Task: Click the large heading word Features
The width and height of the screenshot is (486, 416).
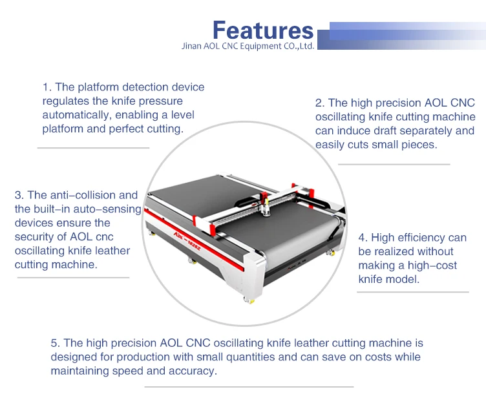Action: pyautogui.click(x=262, y=30)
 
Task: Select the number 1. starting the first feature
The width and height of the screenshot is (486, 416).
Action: pyautogui.click(x=47, y=87)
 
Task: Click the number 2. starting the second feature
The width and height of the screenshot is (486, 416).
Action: pyautogui.click(x=320, y=103)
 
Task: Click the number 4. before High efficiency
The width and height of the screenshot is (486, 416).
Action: pyautogui.click(x=363, y=237)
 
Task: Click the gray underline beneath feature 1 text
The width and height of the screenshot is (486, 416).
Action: pyautogui.click(x=93, y=148)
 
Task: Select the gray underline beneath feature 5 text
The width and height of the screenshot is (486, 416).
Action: pyautogui.click(x=249, y=387)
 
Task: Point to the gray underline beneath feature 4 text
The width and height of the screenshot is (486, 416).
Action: pyautogui.click(x=413, y=292)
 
